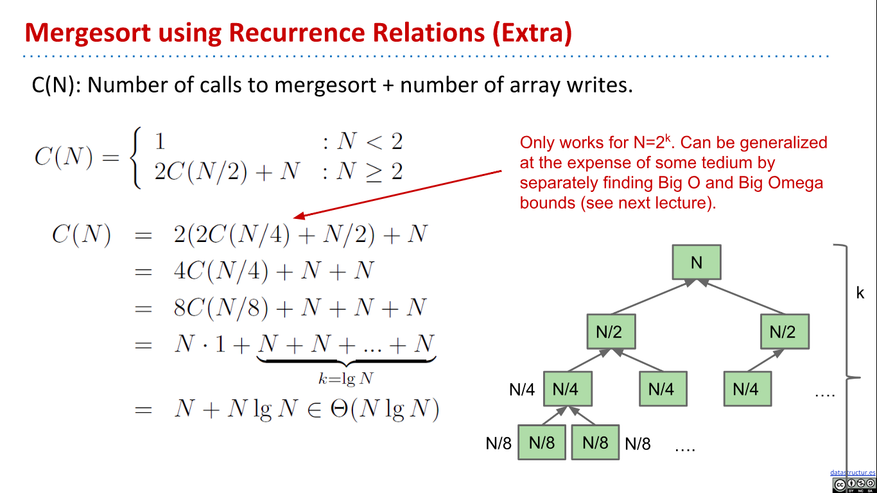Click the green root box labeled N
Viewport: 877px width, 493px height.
click(697, 262)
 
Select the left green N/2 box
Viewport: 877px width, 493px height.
click(611, 331)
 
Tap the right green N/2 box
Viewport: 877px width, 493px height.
click(783, 331)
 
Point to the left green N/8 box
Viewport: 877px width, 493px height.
click(542, 442)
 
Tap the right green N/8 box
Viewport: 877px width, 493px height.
click(595, 442)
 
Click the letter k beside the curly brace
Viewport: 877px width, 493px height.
click(860, 293)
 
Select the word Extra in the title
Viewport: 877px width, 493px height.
click(530, 33)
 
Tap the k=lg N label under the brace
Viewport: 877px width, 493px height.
click(346, 378)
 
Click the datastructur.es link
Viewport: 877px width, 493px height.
click(852, 472)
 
